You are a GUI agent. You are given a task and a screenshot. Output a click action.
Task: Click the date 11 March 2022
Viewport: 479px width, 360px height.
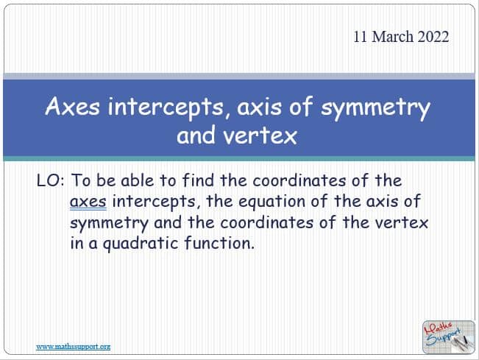pos(401,37)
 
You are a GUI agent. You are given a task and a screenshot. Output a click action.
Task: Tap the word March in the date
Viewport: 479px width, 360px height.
pos(393,37)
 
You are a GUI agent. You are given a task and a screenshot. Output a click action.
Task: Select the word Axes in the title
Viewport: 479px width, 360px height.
pos(73,106)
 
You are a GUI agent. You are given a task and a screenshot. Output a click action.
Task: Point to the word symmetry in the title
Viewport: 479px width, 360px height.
pos(376,108)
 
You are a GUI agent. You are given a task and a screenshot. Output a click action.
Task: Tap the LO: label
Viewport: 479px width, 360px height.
pos(51,180)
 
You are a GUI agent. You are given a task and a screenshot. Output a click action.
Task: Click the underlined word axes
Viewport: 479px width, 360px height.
pos(88,202)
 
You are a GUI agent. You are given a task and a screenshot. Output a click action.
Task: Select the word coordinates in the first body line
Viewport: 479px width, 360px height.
pos(299,180)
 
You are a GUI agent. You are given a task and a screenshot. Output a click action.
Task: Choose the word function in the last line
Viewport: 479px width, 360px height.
pos(219,243)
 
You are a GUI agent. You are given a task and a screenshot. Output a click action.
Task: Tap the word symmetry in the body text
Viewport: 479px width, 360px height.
pos(110,224)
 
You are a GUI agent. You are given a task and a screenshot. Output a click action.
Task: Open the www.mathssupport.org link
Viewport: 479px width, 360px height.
pos(74,347)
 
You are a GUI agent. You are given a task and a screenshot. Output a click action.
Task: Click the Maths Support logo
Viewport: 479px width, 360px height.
pos(448,336)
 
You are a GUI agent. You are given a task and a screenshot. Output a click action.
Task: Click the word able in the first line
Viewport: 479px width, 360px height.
pos(138,180)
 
